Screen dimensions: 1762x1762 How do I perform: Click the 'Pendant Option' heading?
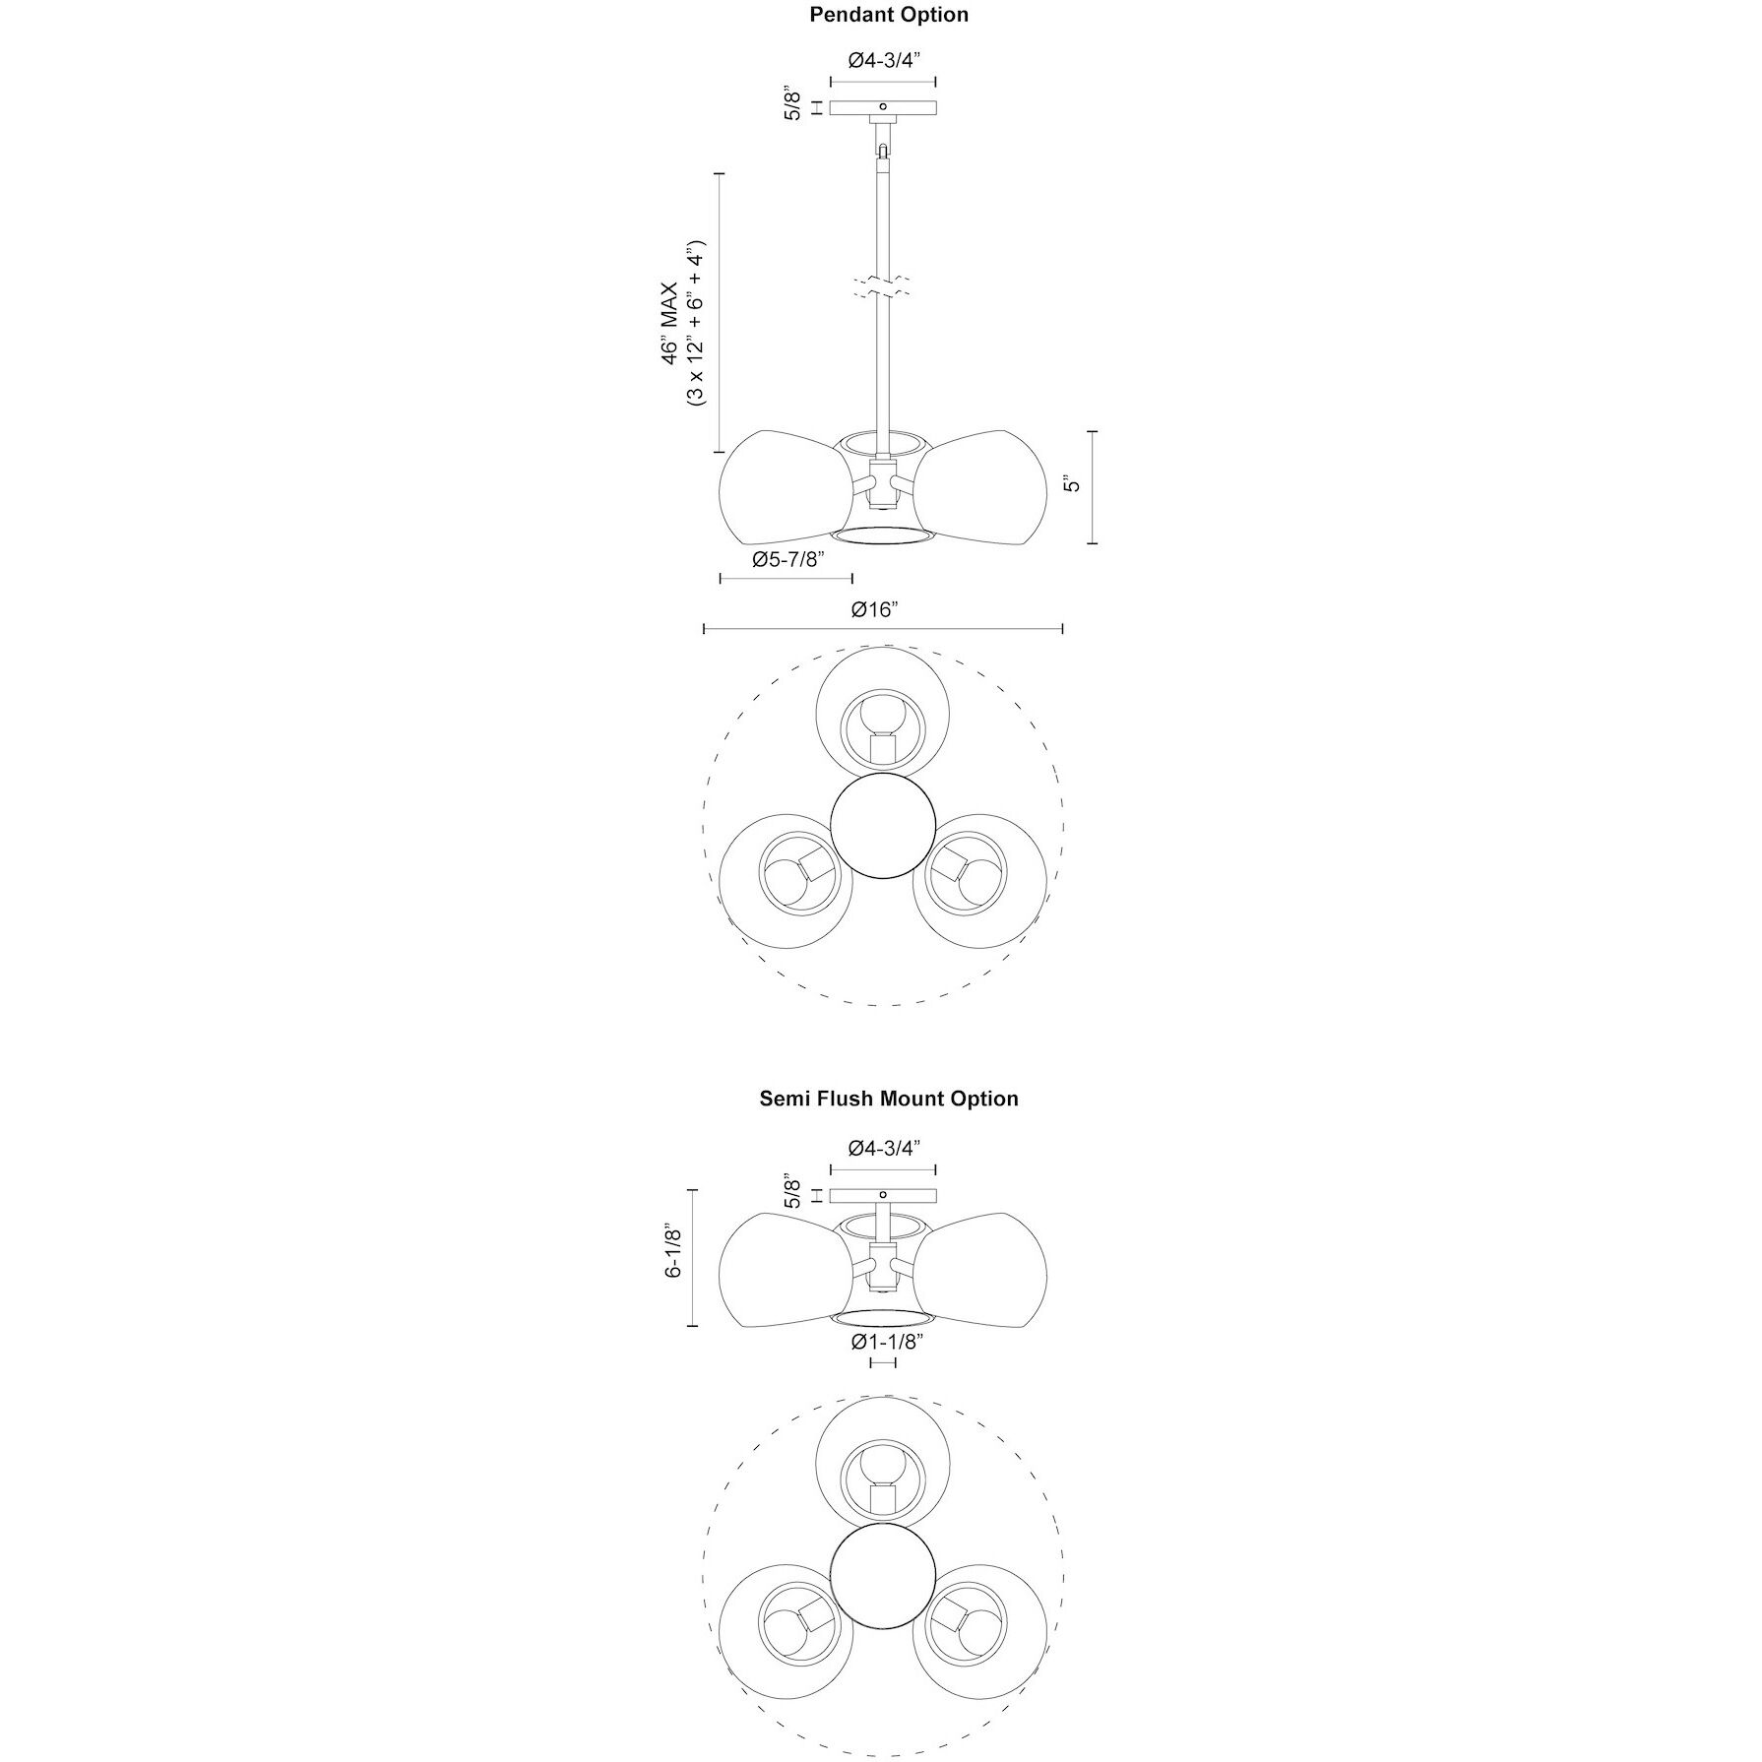click(889, 15)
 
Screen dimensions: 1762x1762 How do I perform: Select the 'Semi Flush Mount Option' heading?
click(889, 1099)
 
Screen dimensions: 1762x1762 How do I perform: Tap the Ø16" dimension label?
click(875, 609)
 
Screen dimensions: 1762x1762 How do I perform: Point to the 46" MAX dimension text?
click(669, 323)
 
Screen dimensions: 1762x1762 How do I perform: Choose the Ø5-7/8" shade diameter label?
click(787, 559)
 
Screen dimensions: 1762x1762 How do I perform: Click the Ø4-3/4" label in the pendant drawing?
click(884, 60)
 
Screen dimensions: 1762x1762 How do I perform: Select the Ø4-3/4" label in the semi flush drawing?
click(884, 1148)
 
